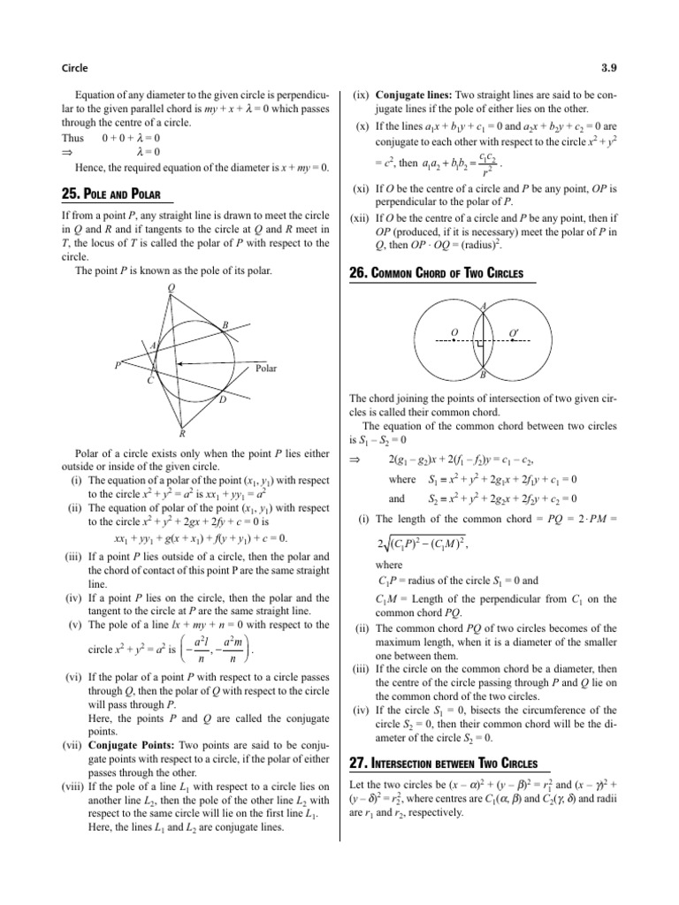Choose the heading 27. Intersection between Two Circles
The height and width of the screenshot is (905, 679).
438,762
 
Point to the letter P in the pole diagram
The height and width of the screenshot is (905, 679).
117,364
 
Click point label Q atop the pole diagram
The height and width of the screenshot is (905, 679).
171,287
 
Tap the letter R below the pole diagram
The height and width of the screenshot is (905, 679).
182,434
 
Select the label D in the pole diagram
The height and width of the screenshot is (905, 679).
221,401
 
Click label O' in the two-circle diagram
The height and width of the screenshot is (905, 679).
514,332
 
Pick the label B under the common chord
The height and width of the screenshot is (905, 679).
482,375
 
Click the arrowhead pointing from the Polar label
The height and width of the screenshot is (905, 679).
181,363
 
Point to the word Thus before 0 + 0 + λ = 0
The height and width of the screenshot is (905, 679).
72,138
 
